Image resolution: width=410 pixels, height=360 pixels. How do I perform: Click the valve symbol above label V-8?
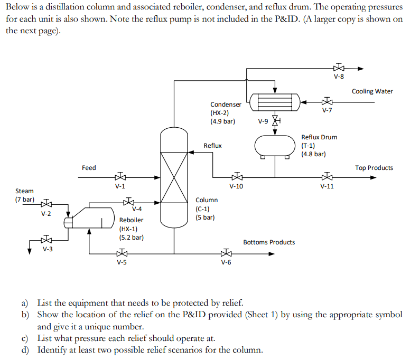(x=339, y=68)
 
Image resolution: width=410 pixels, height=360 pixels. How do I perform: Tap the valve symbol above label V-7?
(x=327, y=102)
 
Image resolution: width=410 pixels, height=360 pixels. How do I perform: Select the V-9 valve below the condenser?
(x=275, y=120)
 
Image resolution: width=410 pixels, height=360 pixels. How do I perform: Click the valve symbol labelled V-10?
(x=236, y=178)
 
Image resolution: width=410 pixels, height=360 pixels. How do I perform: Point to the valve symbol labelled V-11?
(x=327, y=178)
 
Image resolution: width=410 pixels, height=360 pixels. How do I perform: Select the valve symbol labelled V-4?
(x=128, y=202)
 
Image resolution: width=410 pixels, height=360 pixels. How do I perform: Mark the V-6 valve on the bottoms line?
(x=226, y=253)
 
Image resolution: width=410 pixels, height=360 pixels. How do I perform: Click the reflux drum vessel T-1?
(x=275, y=146)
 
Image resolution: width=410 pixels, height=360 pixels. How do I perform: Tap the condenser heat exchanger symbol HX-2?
(x=275, y=100)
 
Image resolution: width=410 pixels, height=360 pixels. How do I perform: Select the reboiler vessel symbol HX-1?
(x=91, y=217)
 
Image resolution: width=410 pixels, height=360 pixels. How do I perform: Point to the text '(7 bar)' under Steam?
(x=24, y=200)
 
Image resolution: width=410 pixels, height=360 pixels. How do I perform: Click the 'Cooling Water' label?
(x=372, y=91)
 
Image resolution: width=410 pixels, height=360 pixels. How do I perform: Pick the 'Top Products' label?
(x=374, y=168)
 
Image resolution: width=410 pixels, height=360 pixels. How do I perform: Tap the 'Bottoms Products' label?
(x=269, y=242)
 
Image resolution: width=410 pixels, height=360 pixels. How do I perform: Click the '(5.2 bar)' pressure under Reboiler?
(x=131, y=238)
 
